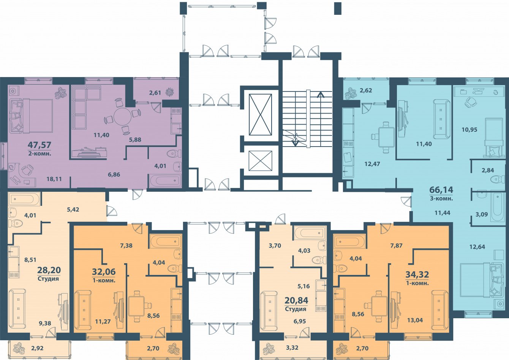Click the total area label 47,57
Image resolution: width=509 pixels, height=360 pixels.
point(39,145)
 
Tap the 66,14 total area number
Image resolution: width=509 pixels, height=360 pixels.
point(441,189)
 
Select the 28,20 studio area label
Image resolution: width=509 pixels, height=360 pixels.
point(49,270)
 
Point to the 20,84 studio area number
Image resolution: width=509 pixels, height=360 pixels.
point(296,300)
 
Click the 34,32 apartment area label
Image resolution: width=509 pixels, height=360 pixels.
point(417,275)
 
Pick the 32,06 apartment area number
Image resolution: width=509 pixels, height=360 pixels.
point(104,272)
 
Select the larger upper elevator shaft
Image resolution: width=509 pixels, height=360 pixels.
point(261,114)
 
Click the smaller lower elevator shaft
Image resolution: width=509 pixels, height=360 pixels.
point(261,161)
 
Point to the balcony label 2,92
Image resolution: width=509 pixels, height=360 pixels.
point(37,348)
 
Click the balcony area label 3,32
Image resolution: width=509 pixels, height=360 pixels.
point(292,347)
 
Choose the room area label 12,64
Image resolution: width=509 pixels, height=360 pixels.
point(477,247)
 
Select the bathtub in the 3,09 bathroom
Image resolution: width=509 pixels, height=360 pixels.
point(498,207)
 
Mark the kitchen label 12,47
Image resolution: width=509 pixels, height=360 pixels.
point(372,164)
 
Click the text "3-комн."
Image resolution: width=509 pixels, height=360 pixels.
point(441,198)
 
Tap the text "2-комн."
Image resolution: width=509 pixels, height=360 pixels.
point(40,153)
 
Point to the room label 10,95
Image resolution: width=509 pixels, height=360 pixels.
point(469,130)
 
